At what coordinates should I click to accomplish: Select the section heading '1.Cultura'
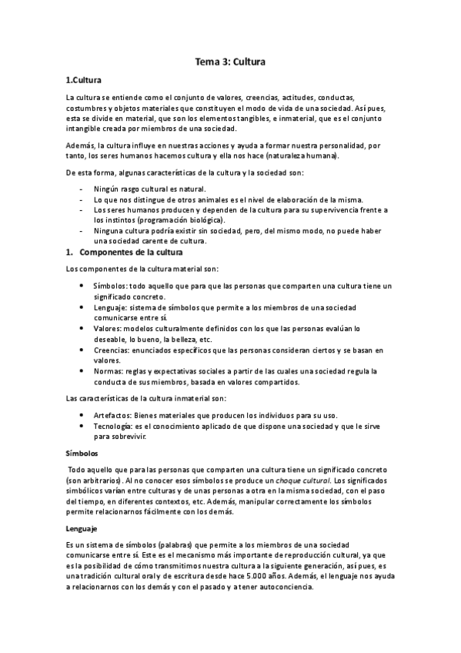(83, 80)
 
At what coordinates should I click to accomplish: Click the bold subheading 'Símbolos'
(81, 454)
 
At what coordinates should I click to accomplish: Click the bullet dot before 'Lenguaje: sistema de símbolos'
(84, 306)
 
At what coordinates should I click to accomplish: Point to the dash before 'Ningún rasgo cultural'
(82, 188)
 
